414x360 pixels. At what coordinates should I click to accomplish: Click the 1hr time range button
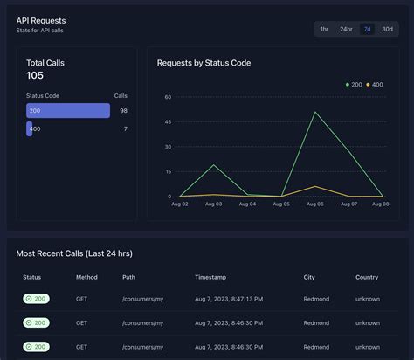325,29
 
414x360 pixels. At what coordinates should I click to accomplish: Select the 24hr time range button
346,29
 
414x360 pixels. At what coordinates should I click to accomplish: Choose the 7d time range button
367,29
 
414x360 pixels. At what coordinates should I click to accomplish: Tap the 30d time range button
387,29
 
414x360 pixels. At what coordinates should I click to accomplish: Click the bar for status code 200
68,111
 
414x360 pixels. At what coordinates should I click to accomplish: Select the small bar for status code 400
30,128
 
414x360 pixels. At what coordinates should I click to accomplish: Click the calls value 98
123,111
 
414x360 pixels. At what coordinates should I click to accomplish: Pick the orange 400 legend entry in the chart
375,84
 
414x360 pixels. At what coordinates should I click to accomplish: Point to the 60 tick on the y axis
167,97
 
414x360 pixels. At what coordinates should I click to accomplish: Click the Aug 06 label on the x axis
315,204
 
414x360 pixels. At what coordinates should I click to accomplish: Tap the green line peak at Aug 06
315,112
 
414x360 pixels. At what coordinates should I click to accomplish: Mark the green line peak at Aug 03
214,165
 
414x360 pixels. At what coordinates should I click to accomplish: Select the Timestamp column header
210,277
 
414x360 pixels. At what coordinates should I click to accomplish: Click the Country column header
367,277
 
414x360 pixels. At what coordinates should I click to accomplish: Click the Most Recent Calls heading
74,253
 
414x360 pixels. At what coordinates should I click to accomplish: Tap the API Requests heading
41,19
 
